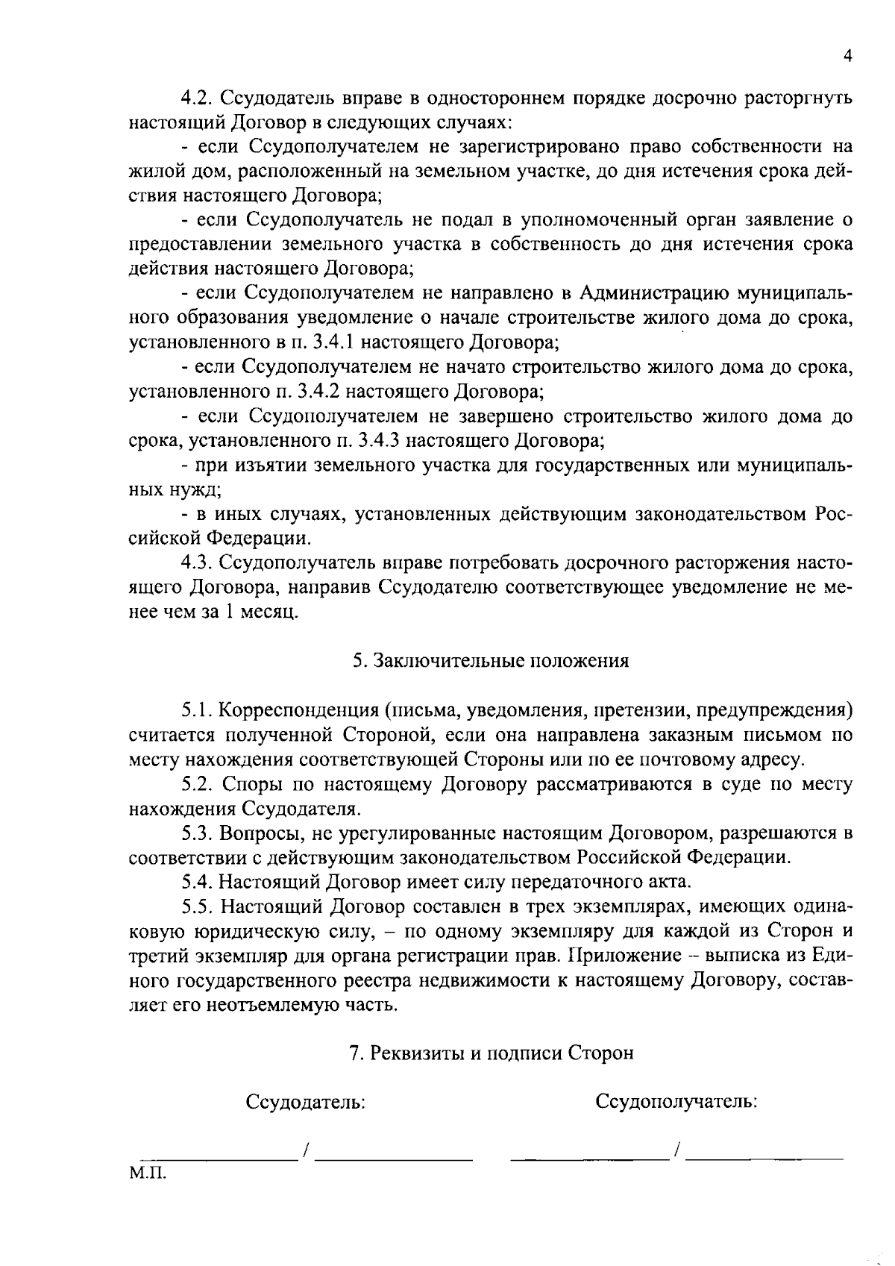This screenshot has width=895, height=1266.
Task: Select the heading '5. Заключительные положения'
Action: pos(490,661)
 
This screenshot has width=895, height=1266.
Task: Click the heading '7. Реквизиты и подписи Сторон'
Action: pos(492,1053)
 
